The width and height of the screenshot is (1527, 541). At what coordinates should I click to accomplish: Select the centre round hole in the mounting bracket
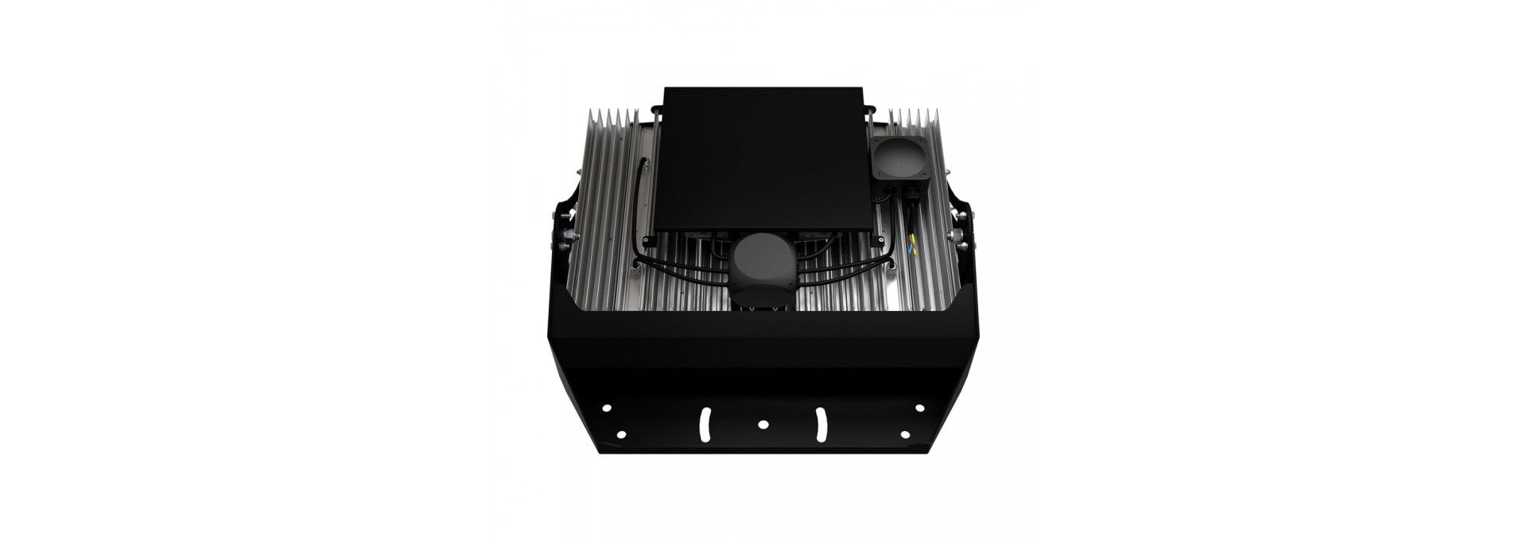(x=763, y=424)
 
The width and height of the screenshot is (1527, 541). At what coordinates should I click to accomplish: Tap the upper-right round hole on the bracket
(x=920, y=408)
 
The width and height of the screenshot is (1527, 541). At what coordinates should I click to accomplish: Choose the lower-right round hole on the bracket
(x=905, y=434)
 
